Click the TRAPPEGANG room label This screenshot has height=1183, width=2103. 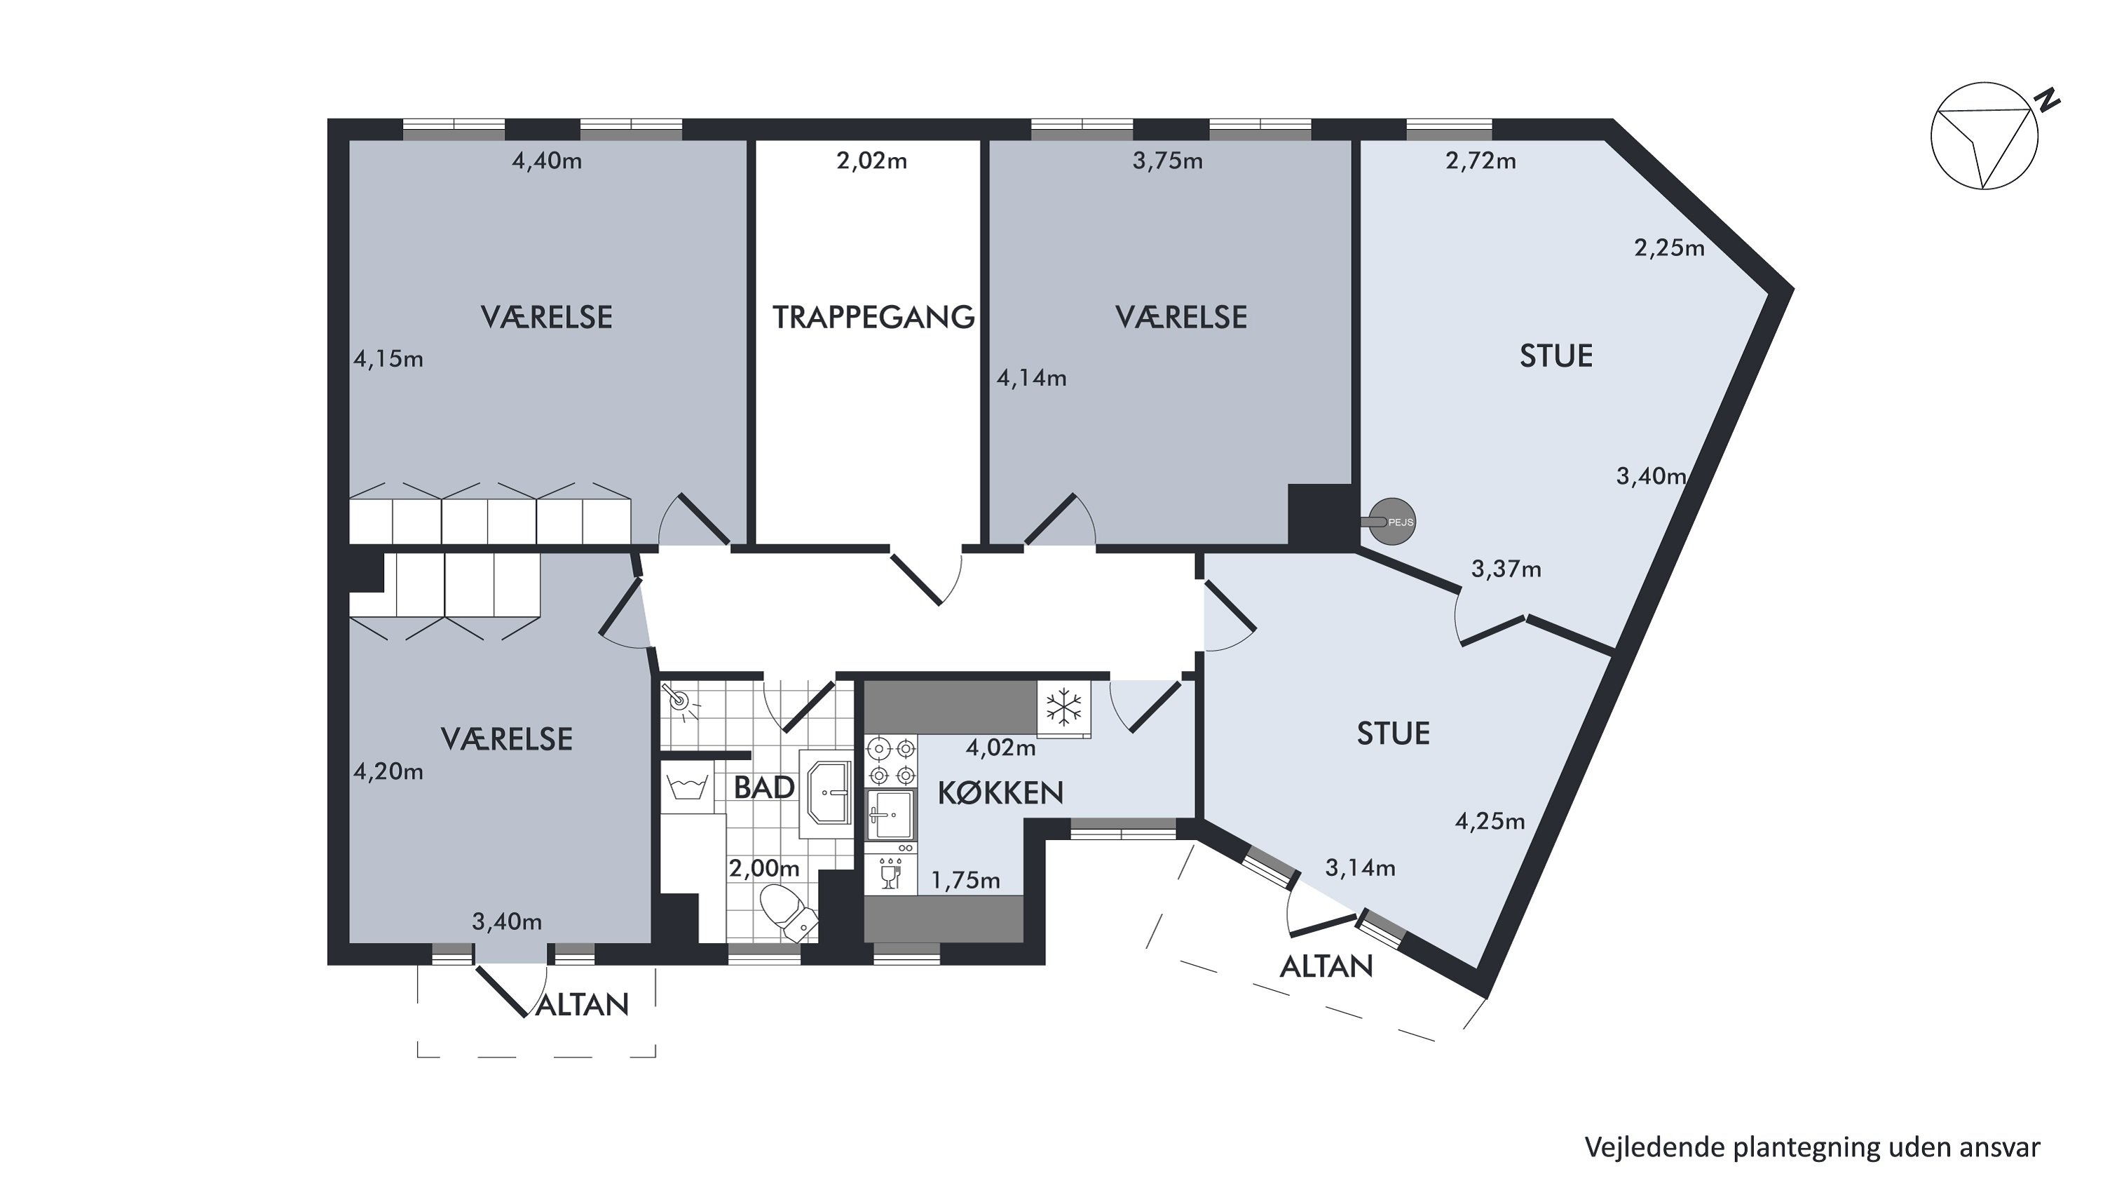tap(873, 317)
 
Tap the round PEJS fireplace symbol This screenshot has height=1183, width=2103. tap(1392, 522)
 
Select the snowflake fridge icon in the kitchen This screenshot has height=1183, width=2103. tap(1063, 707)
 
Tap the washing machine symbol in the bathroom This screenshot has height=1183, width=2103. tap(686, 786)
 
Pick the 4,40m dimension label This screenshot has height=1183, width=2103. tap(547, 161)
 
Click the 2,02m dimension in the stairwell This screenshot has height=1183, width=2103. tap(872, 161)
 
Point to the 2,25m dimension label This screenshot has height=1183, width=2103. tap(1670, 248)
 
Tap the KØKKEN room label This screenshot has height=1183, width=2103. tap(1000, 792)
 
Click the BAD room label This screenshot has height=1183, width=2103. tap(764, 788)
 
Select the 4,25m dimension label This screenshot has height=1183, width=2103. tap(1490, 821)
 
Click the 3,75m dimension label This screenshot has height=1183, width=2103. tap(1167, 161)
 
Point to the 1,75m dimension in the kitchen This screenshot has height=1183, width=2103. tap(966, 880)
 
